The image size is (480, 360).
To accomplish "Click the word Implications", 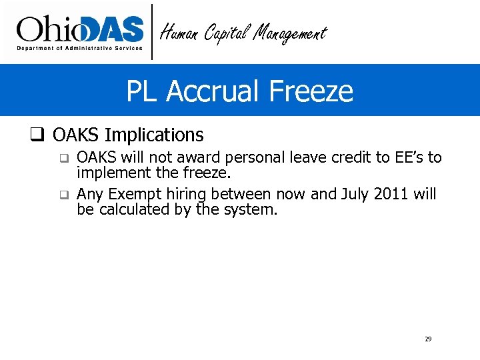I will (155, 135).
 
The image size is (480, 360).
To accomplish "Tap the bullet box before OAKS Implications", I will (37, 135).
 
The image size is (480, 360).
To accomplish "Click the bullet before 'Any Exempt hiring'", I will (63, 195).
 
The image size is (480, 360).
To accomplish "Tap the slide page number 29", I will (428, 339).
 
